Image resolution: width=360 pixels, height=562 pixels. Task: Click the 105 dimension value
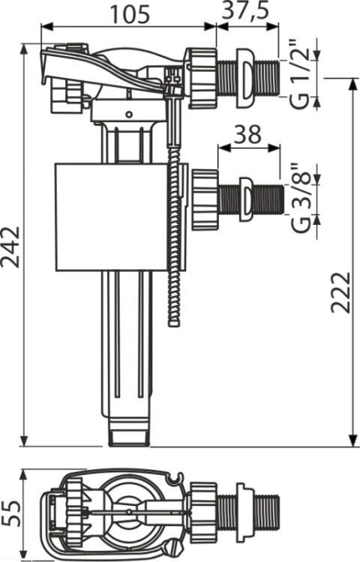click(x=129, y=14)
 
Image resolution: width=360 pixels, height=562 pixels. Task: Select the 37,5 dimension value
click(x=245, y=11)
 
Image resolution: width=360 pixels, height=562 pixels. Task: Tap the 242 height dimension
click(x=10, y=247)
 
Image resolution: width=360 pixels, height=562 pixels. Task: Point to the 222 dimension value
click(x=340, y=292)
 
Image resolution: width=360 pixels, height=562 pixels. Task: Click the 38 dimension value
click(x=249, y=134)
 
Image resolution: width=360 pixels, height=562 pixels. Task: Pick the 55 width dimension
click(x=10, y=513)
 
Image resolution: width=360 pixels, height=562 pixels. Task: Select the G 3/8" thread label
click(x=301, y=198)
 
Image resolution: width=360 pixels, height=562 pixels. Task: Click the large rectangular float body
click(x=111, y=217)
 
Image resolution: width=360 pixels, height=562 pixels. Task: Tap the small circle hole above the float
click(x=129, y=115)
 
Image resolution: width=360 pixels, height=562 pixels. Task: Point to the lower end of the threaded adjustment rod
click(x=174, y=322)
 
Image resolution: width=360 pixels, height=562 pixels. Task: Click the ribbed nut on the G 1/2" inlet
click(x=202, y=78)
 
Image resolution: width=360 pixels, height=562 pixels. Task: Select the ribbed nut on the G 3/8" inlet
click(x=205, y=200)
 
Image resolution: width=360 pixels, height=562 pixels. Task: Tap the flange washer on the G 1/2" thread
click(x=245, y=78)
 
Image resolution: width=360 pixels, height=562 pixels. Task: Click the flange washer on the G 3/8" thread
click(x=245, y=199)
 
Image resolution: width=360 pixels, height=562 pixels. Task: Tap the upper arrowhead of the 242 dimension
click(x=24, y=50)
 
